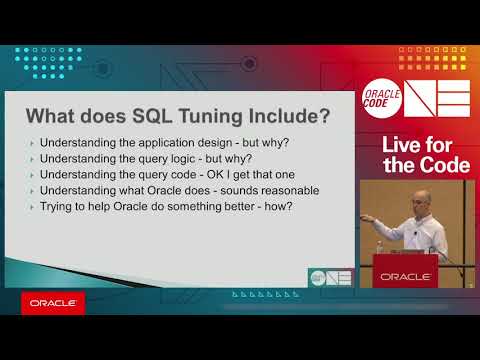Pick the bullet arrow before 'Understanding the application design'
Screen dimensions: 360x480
point(32,144)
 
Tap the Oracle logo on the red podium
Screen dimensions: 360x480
point(405,275)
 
